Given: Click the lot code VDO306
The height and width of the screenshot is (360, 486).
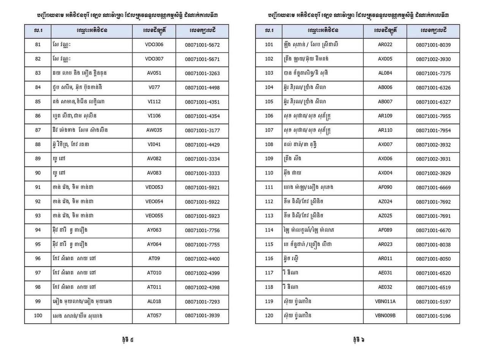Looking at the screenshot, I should tap(154, 45).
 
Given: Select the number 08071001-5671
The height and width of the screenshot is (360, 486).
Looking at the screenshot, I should tap(202, 59).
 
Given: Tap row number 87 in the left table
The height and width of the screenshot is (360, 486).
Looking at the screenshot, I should tap(38, 130).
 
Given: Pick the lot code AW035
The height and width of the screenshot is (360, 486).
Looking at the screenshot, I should tap(154, 130).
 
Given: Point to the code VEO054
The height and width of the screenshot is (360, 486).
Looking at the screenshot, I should tap(154, 201).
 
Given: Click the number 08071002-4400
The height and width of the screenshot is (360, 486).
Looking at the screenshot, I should tap(202, 259).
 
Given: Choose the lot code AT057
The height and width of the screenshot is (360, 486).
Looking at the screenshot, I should tap(154, 316).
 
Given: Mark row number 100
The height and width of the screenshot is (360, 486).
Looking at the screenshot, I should tap(38, 316).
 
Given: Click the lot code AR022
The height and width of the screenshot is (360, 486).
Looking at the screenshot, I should tap(385, 45).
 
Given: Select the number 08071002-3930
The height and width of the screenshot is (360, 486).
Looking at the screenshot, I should tap(433, 59).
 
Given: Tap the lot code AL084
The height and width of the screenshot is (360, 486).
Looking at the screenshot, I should tap(385, 73).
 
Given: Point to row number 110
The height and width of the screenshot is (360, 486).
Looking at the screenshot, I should tap(269, 173).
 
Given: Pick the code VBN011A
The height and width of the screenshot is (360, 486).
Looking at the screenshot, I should tap(385, 302).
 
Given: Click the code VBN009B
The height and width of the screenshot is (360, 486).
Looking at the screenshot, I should tap(385, 316).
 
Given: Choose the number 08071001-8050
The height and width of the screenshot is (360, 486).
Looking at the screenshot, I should tap(433, 259).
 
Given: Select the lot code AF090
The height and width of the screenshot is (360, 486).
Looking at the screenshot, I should tap(385, 187).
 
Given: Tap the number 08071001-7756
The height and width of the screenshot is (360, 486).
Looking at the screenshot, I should tap(202, 230).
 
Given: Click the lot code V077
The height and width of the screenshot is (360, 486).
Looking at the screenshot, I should tap(154, 88).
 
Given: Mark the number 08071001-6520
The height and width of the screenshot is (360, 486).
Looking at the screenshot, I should tap(433, 273).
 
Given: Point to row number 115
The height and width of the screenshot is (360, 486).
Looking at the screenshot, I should tap(269, 244).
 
